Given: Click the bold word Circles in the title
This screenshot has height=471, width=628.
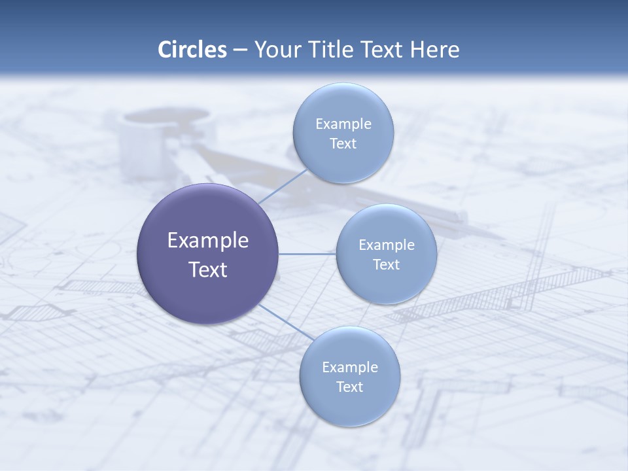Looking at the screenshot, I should (x=192, y=49).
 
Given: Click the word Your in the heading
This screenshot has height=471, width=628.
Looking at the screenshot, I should (x=276, y=49).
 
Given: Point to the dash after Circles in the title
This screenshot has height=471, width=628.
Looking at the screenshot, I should (x=239, y=50).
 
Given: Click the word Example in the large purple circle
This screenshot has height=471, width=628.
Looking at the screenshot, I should (x=208, y=241).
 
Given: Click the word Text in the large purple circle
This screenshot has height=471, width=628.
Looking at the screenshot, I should (x=208, y=270).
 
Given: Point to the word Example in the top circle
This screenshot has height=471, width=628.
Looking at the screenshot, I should (x=343, y=124).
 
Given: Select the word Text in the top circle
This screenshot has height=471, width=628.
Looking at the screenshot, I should (x=343, y=144).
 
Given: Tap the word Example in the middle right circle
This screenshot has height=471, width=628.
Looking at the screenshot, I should (x=387, y=245).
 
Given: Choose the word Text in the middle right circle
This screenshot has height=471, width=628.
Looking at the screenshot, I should (x=387, y=265).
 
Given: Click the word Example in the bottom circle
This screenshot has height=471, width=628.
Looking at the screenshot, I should (x=349, y=368).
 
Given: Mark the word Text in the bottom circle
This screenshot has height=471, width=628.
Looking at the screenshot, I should (x=349, y=387).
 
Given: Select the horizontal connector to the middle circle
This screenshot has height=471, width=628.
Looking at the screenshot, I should (x=307, y=254).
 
